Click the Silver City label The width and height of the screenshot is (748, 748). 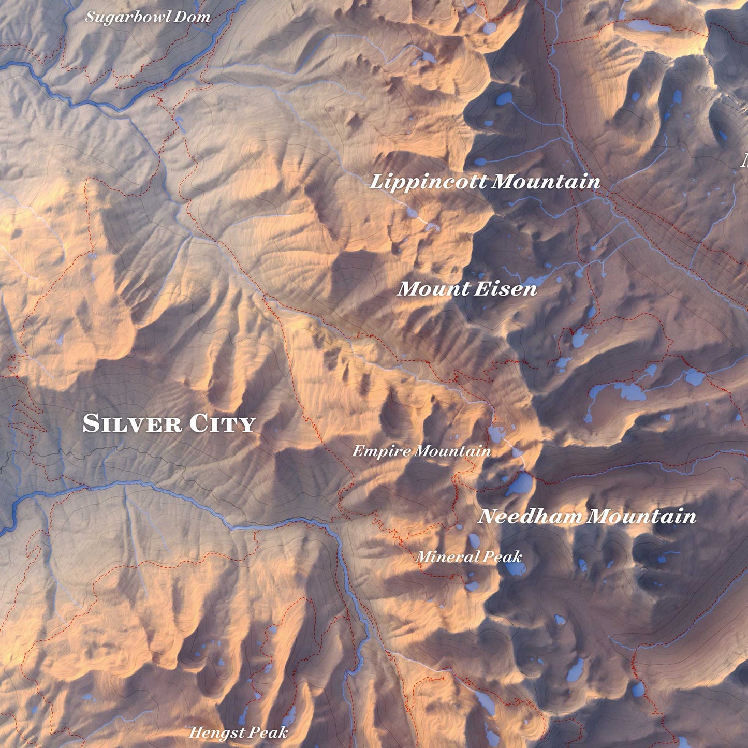click(169, 423)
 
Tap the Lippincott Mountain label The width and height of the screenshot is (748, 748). click(485, 182)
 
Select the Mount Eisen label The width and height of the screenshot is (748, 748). click(467, 289)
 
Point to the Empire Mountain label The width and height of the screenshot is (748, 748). click(421, 451)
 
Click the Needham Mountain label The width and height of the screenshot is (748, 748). click(586, 517)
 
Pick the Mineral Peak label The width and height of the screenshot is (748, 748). click(468, 557)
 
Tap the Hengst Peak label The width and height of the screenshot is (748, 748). click(238, 733)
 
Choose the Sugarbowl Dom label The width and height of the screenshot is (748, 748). click(148, 17)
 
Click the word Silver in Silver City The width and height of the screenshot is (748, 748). click(133, 423)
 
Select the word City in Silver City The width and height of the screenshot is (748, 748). click(222, 423)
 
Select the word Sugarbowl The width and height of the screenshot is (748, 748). click(128, 17)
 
